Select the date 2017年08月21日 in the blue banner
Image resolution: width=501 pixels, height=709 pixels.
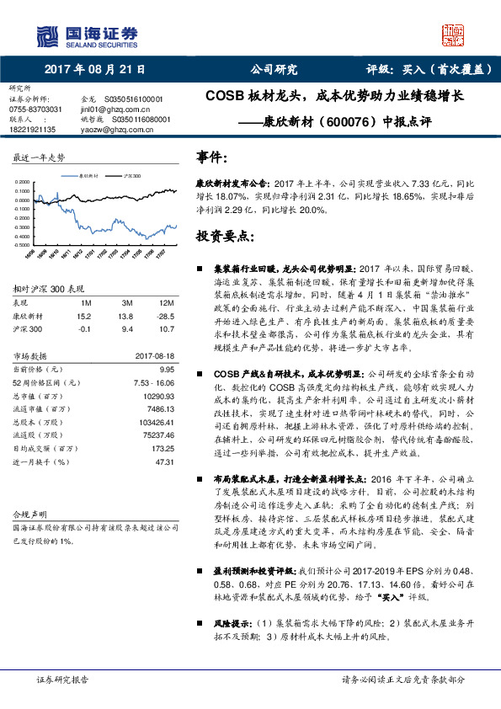[x=93, y=70]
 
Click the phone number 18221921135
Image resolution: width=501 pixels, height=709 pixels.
[x=34, y=129]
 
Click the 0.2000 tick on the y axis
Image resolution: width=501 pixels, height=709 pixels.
[x=24, y=182]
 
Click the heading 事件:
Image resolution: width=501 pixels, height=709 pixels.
[x=211, y=157]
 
